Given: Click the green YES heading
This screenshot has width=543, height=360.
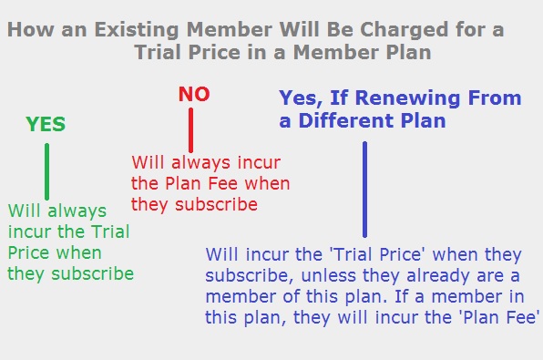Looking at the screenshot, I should tap(46, 125).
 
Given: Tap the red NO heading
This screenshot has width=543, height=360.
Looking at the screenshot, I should tap(194, 94).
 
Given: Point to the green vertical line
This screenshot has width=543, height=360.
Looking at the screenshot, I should tap(46, 171).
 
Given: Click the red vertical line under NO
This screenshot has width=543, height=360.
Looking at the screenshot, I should tap(191, 129).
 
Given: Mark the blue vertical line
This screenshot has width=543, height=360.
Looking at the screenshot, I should tap(364, 190).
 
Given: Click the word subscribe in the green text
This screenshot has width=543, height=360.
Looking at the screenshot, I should tap(97, 273).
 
